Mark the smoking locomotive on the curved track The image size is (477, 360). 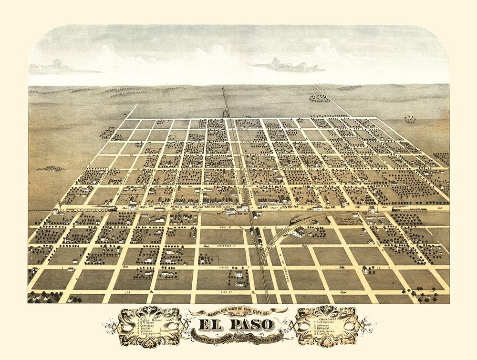[x=292, y=221]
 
